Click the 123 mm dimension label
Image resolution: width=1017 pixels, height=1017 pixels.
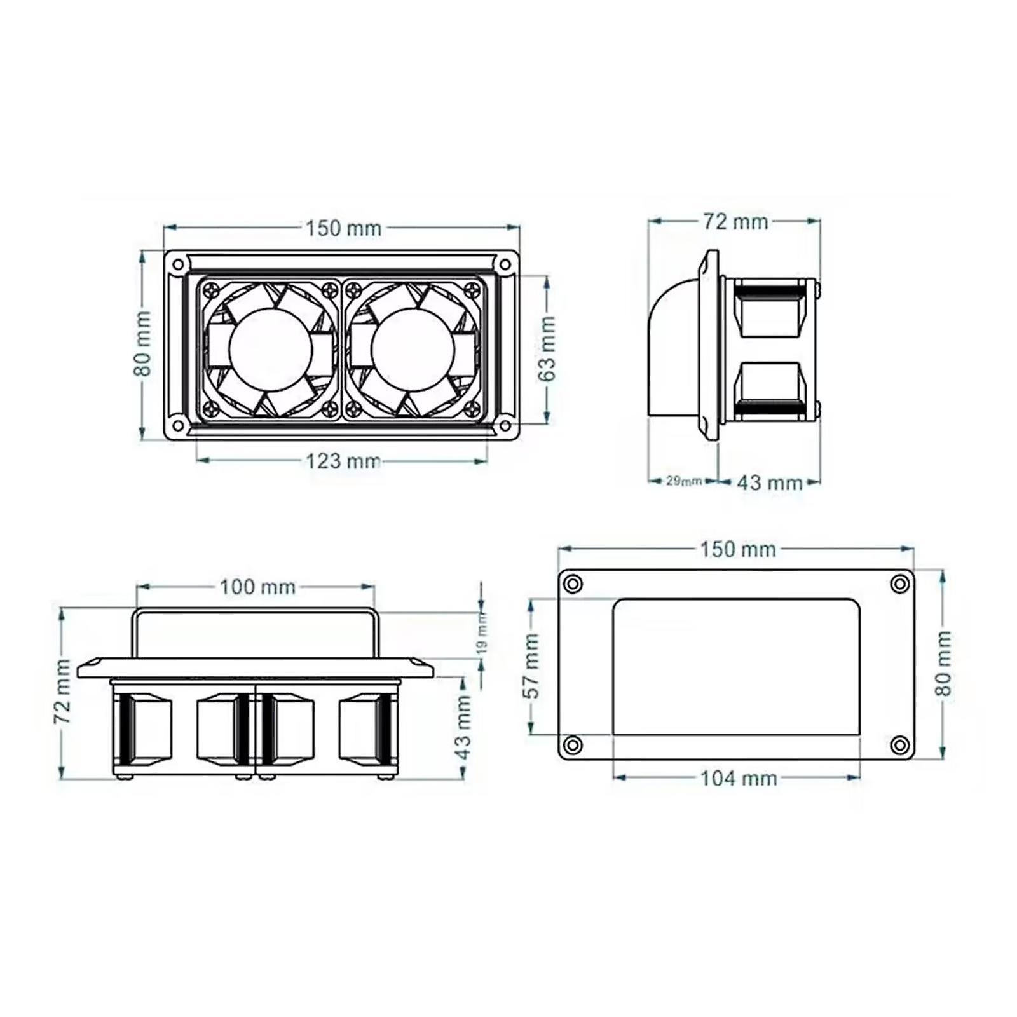tap(343, 460)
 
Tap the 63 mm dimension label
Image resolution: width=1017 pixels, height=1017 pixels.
tap(547, 348)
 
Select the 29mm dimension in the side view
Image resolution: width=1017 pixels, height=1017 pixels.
tap(684, 481)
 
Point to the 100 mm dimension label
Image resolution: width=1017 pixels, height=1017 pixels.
tap(257, 587)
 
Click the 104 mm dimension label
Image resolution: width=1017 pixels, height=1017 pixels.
tap(739, 778)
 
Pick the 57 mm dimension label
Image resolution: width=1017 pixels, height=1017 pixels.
tap(532, 665)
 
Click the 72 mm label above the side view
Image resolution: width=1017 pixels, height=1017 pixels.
tap(735, 221)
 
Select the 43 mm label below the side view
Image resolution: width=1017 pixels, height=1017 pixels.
tap(770, 482)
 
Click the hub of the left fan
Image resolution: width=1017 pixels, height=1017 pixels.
tap(271, 348)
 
